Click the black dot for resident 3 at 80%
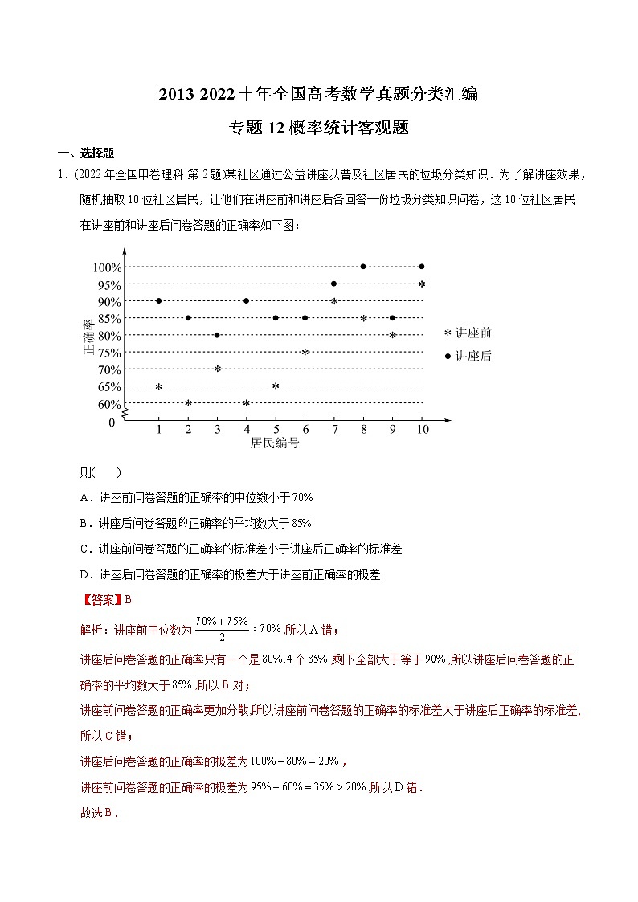[x=217, y=335]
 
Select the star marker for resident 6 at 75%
[x=305, y=352]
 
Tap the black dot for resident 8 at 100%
[x=363, y=267]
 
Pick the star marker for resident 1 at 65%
[x=158, y=386]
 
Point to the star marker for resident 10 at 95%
[x=422, y=284]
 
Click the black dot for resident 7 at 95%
[x=333, y=284]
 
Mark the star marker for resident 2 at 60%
[x=188, y=403]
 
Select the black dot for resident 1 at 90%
[x=158, y=301]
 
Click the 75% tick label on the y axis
[x=109, y=353]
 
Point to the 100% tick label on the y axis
[x=106, y=267]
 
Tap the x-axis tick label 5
[x=276, y=429]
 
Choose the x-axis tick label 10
[x=422, y=429]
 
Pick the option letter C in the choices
[x=84, y=549]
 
